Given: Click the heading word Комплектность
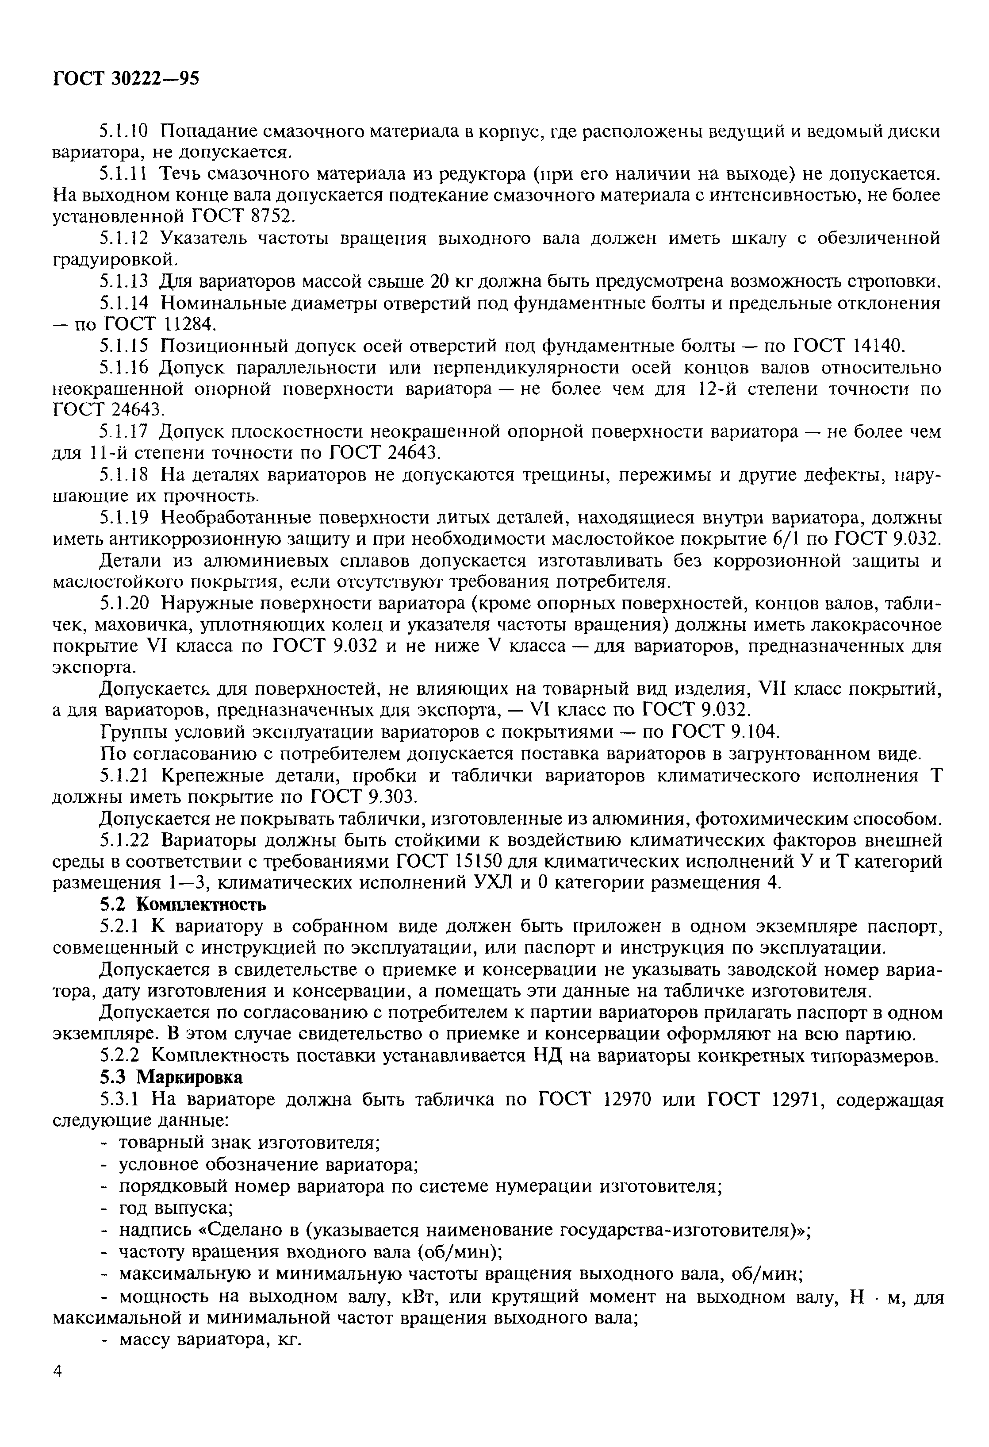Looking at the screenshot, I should pyautogui.click(x=201, y=904).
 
